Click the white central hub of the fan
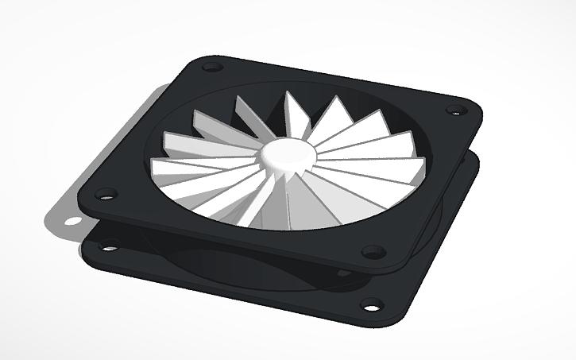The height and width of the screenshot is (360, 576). [x=285, y=157]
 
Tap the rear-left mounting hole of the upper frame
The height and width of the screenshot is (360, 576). [x=212, y=67]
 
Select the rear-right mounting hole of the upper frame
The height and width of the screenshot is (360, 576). [x=455, y=110]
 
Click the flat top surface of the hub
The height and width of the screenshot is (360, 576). [x=285, y=152]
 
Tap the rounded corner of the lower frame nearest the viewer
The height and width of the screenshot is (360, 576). [x=381, y=318]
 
